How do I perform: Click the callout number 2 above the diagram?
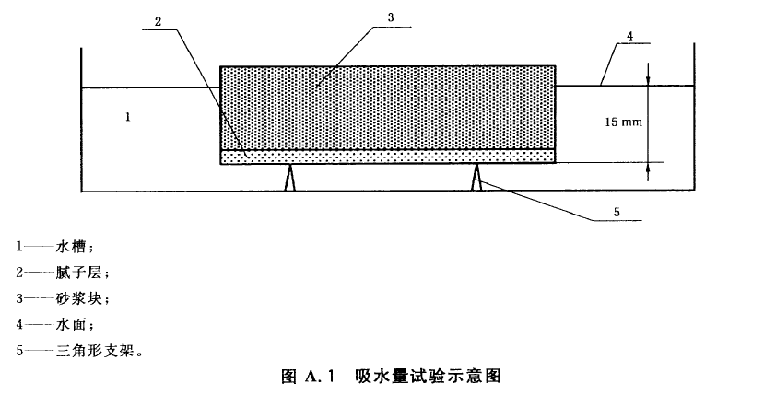158,21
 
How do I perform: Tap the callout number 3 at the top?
390,18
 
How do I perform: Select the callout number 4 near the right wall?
629,36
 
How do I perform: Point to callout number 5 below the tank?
617,212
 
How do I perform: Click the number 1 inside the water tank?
128,117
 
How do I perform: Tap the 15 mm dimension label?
623,122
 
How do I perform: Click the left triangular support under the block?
290,178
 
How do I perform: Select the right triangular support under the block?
476,178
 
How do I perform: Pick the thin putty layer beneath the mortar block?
388,157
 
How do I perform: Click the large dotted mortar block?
388,107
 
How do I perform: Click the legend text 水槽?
71,247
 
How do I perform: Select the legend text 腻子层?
79,272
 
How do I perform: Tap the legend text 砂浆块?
79,298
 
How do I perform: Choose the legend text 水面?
71,324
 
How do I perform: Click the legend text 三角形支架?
95,350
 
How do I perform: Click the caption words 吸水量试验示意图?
428,376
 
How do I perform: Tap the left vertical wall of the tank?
81,120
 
